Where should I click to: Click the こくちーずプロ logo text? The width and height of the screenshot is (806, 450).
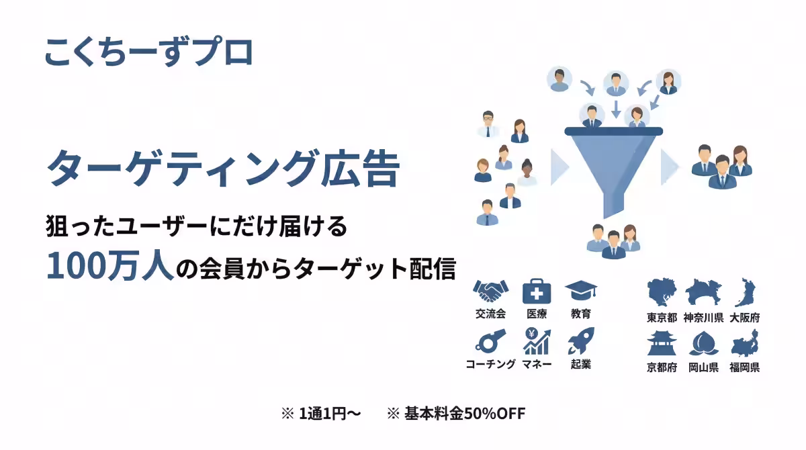point(148,52)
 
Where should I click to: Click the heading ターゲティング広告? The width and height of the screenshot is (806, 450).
point(223,168)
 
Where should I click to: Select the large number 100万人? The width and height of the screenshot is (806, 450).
point(110,267)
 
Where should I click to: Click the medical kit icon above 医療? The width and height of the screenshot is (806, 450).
point(537,291)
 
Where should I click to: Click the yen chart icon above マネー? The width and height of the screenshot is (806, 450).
point(537,342)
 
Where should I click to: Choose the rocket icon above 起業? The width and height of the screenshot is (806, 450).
point(580,342)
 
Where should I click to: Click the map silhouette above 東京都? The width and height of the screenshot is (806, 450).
point(662,294)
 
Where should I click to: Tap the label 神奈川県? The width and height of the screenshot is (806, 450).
point(703,318)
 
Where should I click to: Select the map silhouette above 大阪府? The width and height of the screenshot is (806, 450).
point(745,293)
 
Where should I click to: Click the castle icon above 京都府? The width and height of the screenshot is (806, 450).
point(662,343)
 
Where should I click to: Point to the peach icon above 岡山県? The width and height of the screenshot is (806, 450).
point(703,343)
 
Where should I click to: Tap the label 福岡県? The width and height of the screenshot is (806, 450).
point(745,367)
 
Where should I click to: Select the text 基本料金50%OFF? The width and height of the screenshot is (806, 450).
point(464,414)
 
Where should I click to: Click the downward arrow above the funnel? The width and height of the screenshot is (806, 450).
point(615,108)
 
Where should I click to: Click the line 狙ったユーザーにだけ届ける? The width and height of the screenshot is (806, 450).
point(196,226)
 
